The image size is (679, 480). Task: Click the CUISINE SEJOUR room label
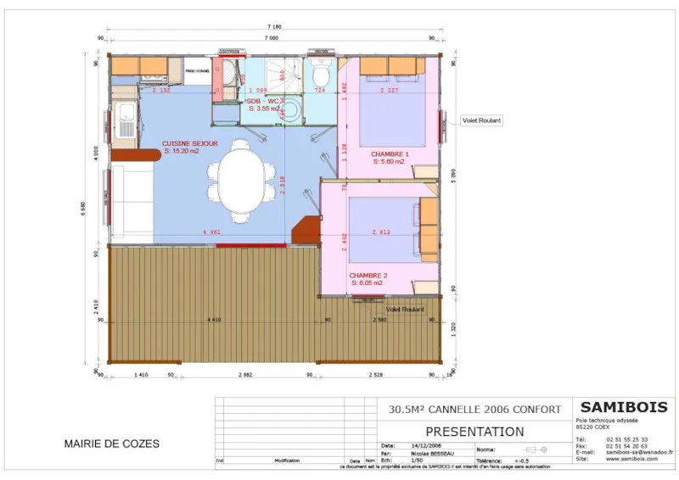(190, 144)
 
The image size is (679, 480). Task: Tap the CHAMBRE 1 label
(390, 154)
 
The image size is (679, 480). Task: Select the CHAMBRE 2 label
(368, 276)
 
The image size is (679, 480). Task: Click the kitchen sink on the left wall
(126, 120)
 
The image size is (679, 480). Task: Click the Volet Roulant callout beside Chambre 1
(481, 120)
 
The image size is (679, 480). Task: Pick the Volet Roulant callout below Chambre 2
(405, 310)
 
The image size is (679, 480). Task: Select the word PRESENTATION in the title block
(474, 432)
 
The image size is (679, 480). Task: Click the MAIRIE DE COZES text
(111, 444)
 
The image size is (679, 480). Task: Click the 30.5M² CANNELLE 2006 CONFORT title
(474, 409)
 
